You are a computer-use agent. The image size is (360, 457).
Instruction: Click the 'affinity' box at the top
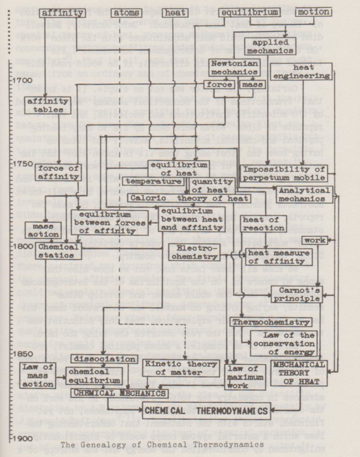(x=61, y=13)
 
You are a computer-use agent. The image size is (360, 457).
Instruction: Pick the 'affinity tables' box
(x=41, y=106)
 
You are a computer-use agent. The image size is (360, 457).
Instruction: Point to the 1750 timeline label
(x=14, y=163)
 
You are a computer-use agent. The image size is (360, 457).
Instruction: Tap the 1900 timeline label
(x=14, y=439)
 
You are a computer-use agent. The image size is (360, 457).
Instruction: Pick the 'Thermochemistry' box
(x=272, y=323)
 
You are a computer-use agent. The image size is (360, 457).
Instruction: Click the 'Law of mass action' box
(x=37, y=376)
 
